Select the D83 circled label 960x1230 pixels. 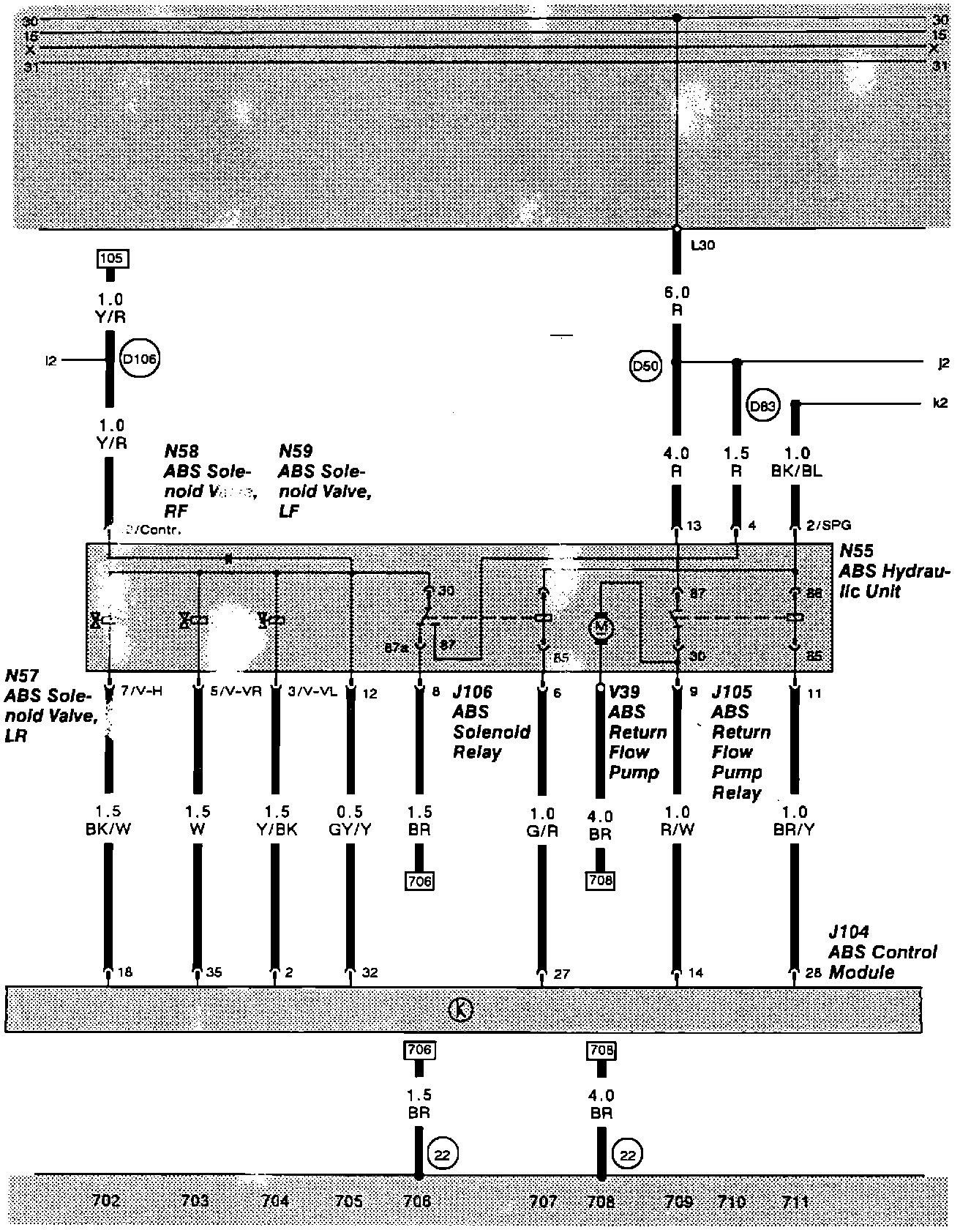762,406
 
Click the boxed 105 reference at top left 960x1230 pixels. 111,258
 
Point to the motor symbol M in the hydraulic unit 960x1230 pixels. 601,627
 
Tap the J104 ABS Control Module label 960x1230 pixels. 882,952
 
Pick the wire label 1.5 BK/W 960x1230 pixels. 109,820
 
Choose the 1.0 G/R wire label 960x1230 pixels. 541,821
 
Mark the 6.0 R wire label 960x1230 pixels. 677,301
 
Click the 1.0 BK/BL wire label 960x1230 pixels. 796,462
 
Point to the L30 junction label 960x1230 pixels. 702,246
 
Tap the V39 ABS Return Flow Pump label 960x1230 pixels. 637,732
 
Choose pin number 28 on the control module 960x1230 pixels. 812,974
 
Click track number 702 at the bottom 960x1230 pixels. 106,1201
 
